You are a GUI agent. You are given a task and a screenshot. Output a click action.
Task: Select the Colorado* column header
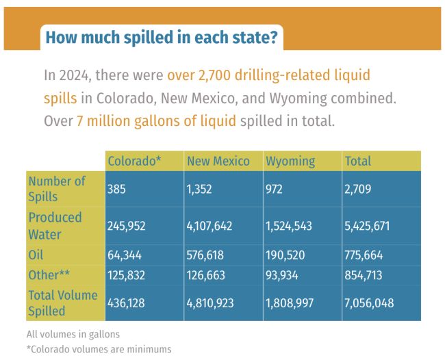[134, 161]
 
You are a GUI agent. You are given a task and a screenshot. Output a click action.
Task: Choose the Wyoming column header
[290, 161]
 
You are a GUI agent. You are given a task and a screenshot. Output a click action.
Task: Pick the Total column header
[358, 161]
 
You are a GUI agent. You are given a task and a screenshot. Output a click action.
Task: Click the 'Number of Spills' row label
[58, 189]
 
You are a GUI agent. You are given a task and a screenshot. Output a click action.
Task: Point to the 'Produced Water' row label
[55, 225]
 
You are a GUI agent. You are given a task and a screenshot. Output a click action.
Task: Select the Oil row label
[37, 255]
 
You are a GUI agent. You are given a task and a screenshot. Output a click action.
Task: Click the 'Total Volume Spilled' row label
[63, 303]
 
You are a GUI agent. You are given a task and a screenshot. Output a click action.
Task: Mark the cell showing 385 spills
[117, 189]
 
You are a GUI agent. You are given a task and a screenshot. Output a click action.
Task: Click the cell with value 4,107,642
[214, 226]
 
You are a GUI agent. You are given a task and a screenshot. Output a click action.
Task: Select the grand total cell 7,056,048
[370, 303]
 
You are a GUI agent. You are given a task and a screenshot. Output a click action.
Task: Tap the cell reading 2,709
[358, 189]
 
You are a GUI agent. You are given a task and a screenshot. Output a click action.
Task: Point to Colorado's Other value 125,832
[127, 275]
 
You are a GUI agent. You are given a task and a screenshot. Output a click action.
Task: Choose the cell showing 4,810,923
[214, 303]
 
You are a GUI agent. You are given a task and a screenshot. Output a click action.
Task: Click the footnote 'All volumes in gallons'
[73, 335]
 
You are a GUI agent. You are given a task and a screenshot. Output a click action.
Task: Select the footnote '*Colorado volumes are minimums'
[99, 349]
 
